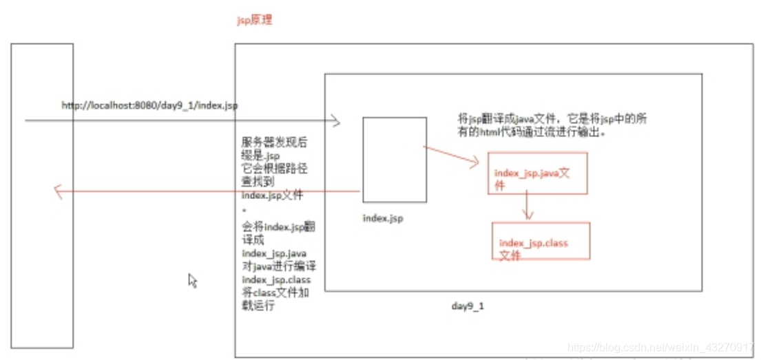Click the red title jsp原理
(x=254, y=21)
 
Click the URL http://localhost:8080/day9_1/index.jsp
(x=149, y=105)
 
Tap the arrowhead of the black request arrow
(x=336, y=122)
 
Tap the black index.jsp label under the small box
(x=383, y=218)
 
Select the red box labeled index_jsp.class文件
(x=540, y=240)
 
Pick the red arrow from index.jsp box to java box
(x=451, y=156)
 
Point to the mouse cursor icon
(x=192, y=280)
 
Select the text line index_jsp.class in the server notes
(x=276, y=280)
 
